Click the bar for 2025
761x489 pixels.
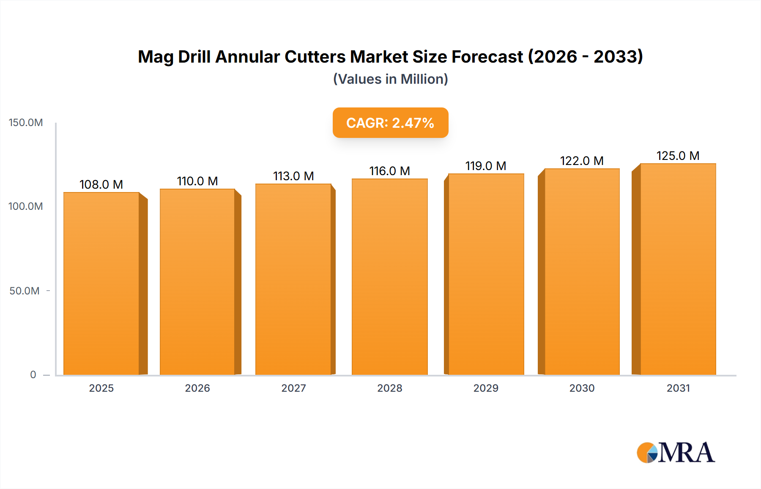(101, 283)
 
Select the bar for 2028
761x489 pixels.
(389, 277)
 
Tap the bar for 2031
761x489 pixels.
(678, 269)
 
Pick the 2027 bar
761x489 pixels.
(293, 279)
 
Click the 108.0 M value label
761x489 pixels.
(101, 184)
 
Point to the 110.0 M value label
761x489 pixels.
(197, 181)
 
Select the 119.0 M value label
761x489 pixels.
(486, 166)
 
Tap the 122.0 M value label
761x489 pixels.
(582, 161)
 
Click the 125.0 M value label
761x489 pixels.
(678, 156)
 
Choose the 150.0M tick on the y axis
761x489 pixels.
(26, 123)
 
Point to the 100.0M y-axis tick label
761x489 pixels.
(26, 206)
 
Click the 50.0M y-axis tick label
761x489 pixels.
(25, 291)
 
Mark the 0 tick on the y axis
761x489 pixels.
(33, 375)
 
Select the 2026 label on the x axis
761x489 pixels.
(197, 388)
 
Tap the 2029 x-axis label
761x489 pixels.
(486, 388)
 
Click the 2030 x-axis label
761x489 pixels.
(582, 388)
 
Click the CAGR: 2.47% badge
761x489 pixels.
(390, 123)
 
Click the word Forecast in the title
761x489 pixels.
(487, 57)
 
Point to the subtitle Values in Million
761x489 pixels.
(390, 79)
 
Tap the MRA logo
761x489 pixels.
(676, 453)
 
